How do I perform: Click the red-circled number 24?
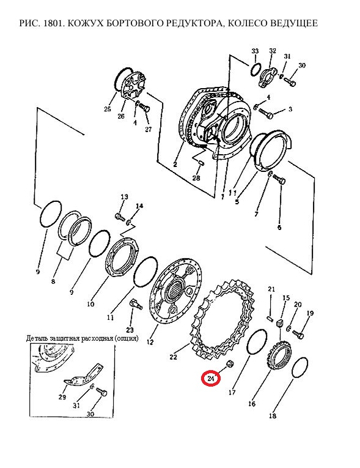[211, 379]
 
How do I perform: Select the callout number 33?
[255, 51]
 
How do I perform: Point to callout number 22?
[173, 357]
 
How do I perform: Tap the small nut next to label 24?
[230, 364]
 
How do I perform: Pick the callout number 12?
[150, 342]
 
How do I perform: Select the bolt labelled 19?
[298, 334]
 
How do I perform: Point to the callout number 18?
[273, 415]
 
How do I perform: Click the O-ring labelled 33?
[256, 70]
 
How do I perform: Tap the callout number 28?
[196, 178]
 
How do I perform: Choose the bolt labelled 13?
[120, 217]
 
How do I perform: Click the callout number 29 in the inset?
[62, 397]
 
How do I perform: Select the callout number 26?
[120, 116]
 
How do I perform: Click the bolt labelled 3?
[266, 113]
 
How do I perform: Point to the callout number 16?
[252, 404]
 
